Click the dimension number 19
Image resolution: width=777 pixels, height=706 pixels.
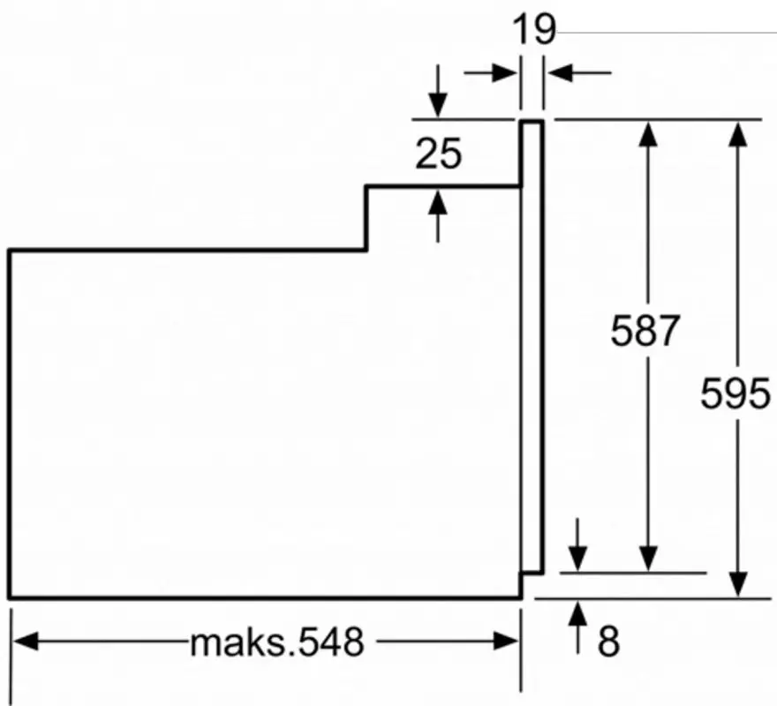click(535, 30)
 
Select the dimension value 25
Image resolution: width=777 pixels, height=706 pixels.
click(439, 154)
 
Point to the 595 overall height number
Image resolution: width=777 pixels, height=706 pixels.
click(736, 394)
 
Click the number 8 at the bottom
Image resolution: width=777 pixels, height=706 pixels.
click(608, 642)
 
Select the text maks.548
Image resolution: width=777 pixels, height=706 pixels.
click(276, 642)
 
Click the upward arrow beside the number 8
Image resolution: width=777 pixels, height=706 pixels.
click(577, 613)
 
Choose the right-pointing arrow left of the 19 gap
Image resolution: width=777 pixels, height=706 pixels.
click(503, 72)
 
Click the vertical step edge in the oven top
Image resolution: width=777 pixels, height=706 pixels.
click(366, 218)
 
